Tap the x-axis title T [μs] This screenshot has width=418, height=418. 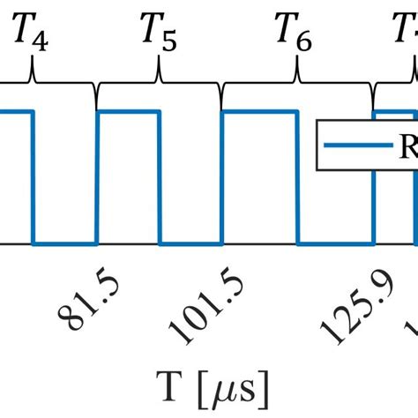pyautogui.click(x=209, y=386)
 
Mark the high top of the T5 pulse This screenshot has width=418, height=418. pyautogui.click(x=129, y=111)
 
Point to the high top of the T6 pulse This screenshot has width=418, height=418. pyautogui.click(x=260, y=111)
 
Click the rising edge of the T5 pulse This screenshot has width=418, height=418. pyautogui.click(x=97, y=176)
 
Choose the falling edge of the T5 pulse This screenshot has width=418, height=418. pyautogui.click(x=160, y=176)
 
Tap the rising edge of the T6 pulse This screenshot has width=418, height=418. pyautogui.click(x=223, y=176)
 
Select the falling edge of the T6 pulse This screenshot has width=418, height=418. pyautogui.click(x=298, y=176)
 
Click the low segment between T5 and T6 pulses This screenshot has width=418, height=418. pyautogui.click(x=191, y=243)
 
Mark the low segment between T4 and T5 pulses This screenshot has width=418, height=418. pyautogui.click(x=64, y=243)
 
